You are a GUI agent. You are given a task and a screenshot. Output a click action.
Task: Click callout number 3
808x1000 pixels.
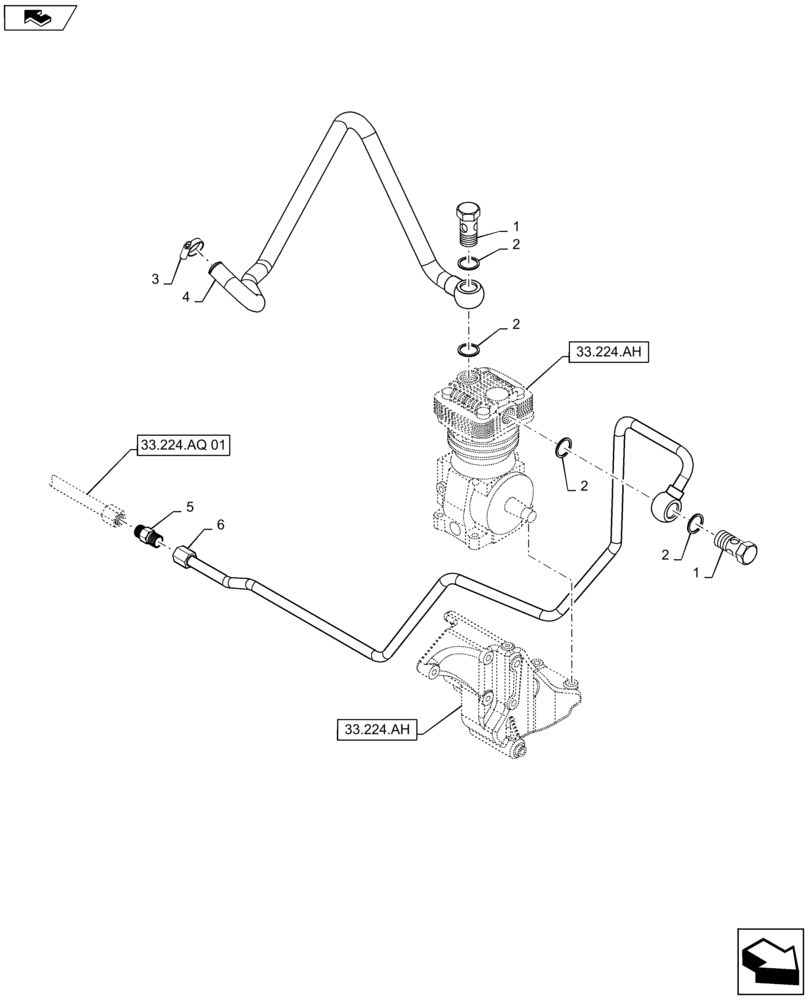pyautogui.click(x=156, y=280)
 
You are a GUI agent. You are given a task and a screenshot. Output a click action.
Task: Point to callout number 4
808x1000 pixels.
pyautogui.click(x=186, y=296)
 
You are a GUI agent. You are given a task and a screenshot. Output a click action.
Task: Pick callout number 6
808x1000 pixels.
pyautogui.click(x=220, y=525)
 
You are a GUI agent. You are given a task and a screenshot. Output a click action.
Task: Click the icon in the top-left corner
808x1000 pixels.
pyautogui.click(x=40, y=17)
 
